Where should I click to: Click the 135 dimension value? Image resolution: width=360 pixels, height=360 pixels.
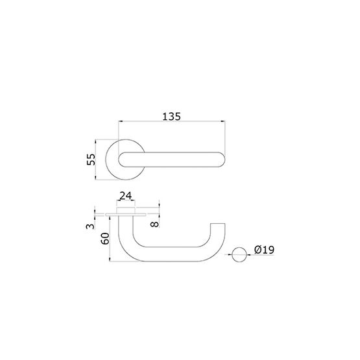click(x=171, y=116)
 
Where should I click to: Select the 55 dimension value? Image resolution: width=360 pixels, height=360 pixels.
click(x=91, y=160)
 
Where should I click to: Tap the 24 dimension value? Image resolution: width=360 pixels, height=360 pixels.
click(x=126, y=196)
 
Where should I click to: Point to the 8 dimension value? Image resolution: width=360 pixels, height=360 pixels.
click(x=154, y=224)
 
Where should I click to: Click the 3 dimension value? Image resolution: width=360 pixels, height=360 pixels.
click(x=90, y=226)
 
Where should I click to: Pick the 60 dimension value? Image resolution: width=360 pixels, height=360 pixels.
click(x=105, y=239)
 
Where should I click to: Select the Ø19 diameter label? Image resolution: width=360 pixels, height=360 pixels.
click(x=264, y=250)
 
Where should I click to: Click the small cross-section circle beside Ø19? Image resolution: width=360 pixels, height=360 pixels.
click(x=239, y=255)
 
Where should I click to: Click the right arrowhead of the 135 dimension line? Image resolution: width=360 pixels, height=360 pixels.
click(x=223, y=121)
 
